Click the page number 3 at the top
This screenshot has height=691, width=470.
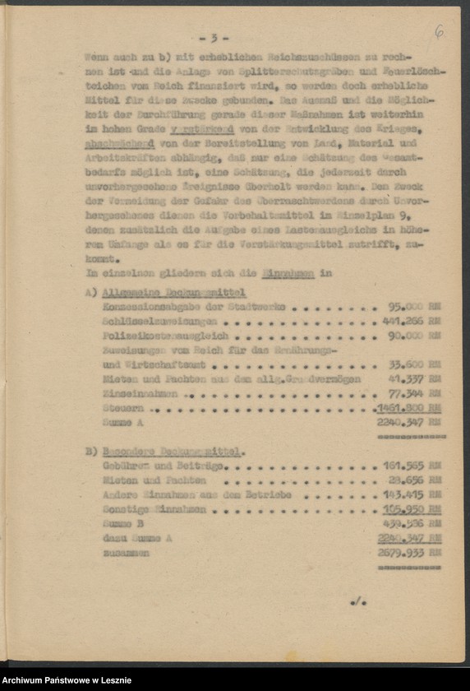214,38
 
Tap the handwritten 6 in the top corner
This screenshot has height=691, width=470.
440,32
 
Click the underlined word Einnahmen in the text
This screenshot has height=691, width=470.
294,273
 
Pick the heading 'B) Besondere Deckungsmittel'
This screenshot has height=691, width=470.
164,451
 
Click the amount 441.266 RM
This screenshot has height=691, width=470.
412,321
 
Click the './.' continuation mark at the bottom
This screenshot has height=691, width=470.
357,603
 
